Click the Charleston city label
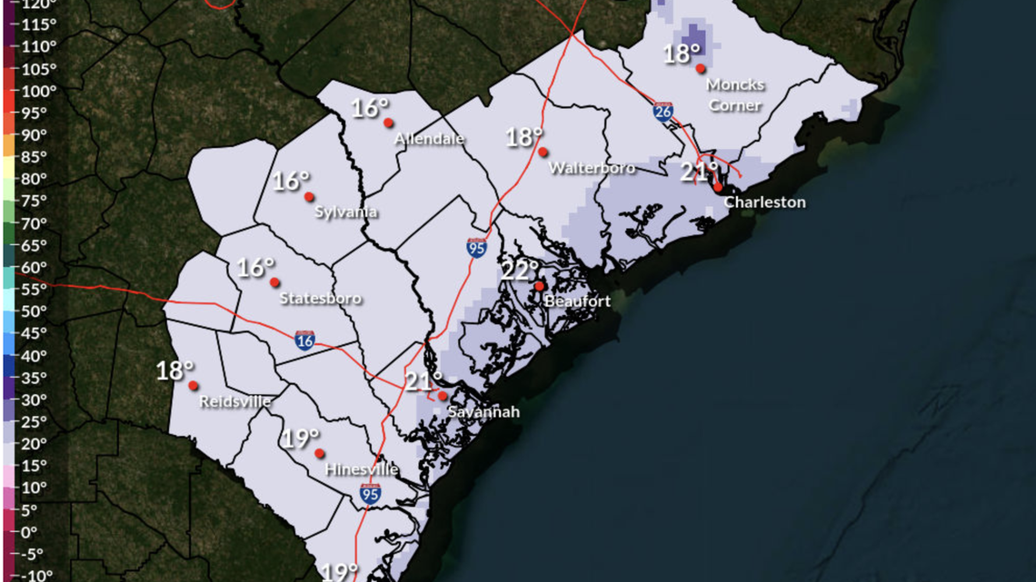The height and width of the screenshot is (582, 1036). [x=764, y=202]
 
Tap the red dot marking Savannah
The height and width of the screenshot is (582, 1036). [x=443, y=396]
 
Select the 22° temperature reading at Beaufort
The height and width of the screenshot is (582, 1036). [x=520, y=270]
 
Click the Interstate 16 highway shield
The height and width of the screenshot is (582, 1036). [x=305, y=340]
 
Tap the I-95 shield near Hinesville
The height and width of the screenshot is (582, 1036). [x=370, y=494]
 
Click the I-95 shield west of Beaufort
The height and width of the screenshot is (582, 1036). [x=476, y=247]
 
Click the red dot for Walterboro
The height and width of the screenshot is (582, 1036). [x=543, y=152]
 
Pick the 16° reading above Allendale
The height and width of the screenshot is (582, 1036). [x=370, y=108]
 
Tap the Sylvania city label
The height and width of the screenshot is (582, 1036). [x=345, y=212]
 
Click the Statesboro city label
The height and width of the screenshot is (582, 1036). [x=320, y=298]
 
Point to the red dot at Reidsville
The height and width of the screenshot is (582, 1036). [x=194, y=385]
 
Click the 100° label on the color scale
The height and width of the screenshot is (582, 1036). [x=38, y=91]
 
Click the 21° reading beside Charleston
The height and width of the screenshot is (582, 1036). [x=700, y=170]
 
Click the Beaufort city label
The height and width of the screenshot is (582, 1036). [x=577, y=301]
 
